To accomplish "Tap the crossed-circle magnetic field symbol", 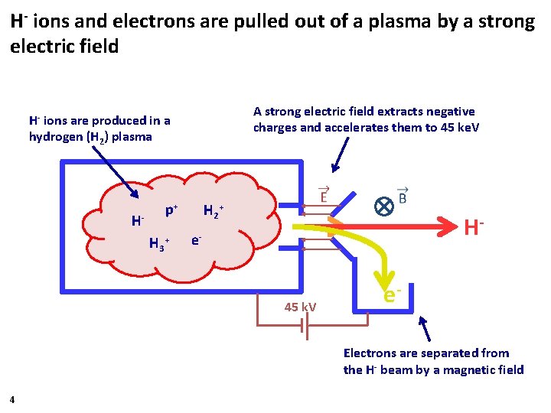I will (383, 206).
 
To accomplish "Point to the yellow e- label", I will (393, 293).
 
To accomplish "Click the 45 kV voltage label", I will (300, 307).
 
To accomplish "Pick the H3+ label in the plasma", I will (158, 244).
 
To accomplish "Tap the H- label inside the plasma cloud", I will (138, 221).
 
